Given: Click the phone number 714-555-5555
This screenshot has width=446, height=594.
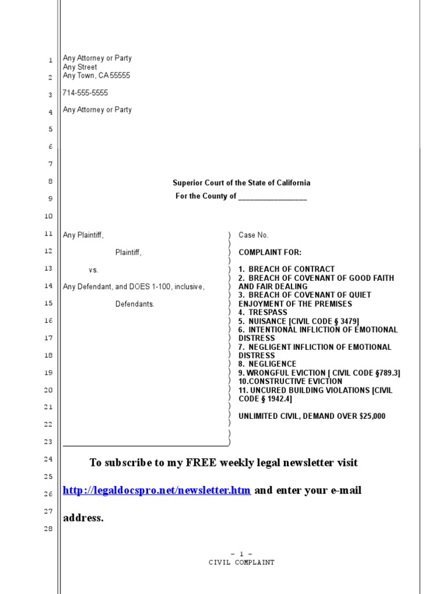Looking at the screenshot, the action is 85,93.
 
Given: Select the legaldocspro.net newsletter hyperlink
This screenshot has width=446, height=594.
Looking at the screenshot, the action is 157,491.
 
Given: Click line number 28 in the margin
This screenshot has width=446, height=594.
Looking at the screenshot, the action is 49,529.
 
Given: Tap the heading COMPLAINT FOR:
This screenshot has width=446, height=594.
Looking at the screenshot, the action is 269,252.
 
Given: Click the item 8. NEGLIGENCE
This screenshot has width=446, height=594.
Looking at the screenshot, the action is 267,364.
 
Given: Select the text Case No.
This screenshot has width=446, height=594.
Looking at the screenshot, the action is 253,236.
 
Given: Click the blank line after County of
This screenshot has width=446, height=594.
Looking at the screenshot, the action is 272,197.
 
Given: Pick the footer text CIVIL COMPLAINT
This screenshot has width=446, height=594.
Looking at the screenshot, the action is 241,563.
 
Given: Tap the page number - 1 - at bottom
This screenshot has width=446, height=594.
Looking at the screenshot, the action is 241,554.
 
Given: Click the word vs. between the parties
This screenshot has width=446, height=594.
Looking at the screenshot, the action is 93,270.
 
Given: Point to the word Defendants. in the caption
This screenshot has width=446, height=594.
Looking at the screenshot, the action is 135,304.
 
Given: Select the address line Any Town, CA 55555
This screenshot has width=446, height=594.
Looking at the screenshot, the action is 96,75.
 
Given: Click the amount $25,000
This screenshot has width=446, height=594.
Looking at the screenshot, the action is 369,416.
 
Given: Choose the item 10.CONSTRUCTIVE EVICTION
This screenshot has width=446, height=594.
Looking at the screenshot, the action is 290,382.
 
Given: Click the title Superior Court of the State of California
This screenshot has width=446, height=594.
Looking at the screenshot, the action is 241,183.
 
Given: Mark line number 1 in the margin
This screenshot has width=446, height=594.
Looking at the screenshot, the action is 50,60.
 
